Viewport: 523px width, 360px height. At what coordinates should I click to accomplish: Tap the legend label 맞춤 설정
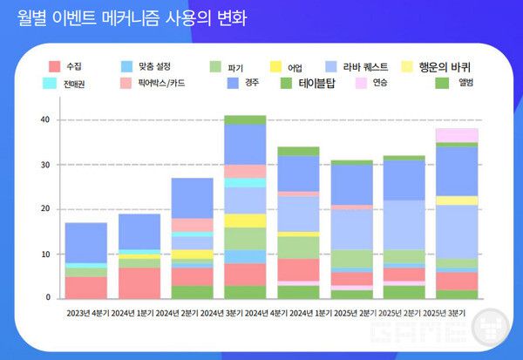click(152, 66)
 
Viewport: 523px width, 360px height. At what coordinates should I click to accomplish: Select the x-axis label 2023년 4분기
click(85, 312)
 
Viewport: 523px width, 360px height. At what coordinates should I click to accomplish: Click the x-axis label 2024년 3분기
click(245, 312)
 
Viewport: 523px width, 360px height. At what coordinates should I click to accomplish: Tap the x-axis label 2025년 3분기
click(457, 312)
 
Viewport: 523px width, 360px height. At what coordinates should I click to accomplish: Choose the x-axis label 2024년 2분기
click(192, 312)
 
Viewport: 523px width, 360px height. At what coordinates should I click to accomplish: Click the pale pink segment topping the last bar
click(457, 135)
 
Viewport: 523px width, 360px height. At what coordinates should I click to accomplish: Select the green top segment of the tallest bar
click(245, 119)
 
